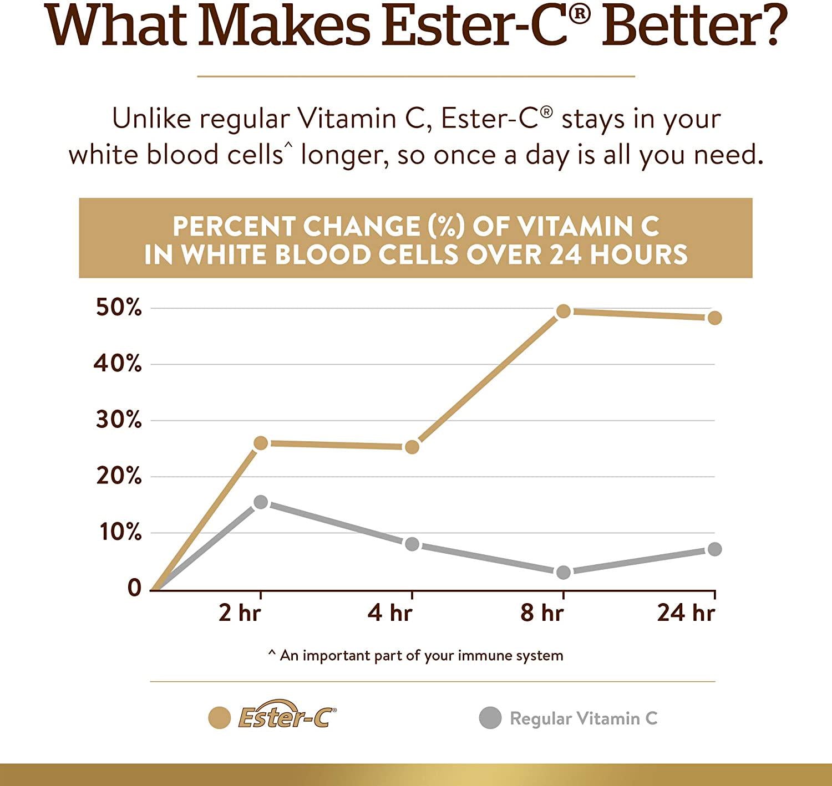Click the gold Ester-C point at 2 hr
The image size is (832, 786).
click(260, 443)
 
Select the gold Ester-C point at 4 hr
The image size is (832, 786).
click(412, 447)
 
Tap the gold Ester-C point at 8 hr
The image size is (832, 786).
click(563, 311)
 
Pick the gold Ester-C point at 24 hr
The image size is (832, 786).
click(714, 318)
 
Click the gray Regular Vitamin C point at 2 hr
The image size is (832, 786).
click(260, 502)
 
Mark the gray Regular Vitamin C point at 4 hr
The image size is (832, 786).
click(412, 544)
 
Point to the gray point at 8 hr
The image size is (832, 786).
click(563, 572)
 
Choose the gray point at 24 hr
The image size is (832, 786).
click(714, 549)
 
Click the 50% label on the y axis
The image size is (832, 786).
click(119, 308)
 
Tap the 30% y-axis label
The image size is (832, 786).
click(119, 420)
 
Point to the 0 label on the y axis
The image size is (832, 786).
click(134, 588)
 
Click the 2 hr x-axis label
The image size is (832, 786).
click(239, 613)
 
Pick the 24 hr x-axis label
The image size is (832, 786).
click(686, 613)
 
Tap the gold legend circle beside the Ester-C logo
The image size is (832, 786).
click(219, 718)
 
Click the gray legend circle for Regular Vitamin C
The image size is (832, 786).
click(490, 718)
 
